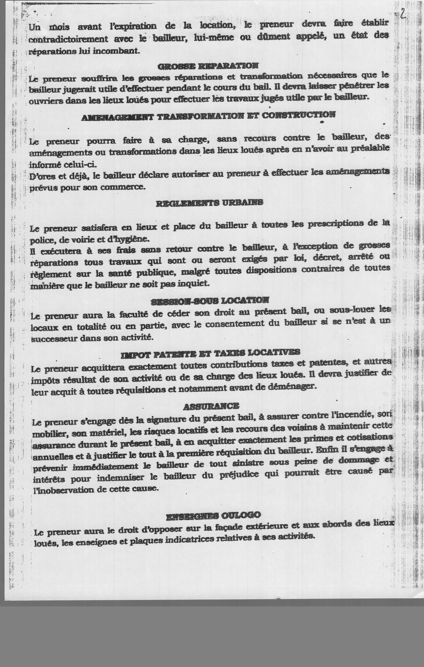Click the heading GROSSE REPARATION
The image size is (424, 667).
(208, 66)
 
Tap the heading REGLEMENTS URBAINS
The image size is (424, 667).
(209, 203)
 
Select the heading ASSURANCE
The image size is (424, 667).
(211, 406)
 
